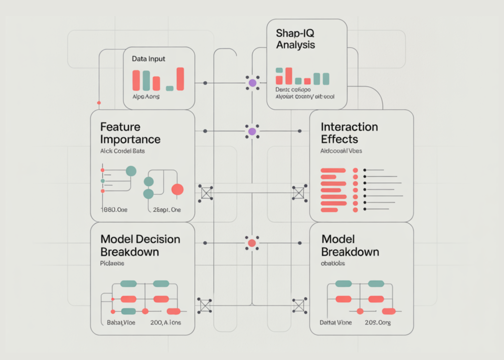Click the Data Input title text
(x=149, y=59)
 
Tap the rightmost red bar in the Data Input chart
(x=180, y=79)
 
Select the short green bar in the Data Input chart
(x=170, y=88)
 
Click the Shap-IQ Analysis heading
(x=295, y=38)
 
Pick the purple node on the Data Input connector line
(x=252, y=83)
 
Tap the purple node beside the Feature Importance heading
(x=252, y=131)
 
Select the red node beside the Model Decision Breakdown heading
(x=252, y=243)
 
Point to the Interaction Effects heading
(x=349, y=133)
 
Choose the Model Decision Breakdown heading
(x=140, y=245)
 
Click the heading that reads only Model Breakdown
(x=350, y=245)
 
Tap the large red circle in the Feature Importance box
(x=177, y=189)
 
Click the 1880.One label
(x=114, y=210)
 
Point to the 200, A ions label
(x=165, y=323)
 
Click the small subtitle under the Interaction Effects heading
(x=341, y=151)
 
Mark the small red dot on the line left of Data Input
(x=99, y=103)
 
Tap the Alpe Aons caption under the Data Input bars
(x=146, y=97)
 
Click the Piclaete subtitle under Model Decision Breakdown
(x=112, y=263)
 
